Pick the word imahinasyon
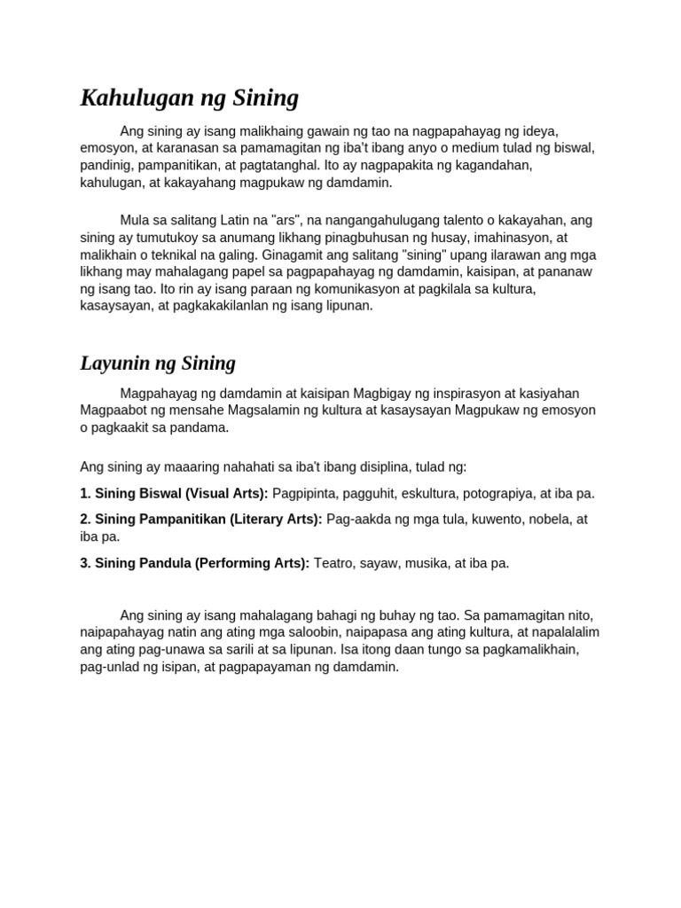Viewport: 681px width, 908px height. point(492,237)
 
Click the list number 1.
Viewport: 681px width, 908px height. point(85,493)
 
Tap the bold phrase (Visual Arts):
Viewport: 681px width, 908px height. point(227,493)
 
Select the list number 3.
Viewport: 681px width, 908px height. point(85,563)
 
